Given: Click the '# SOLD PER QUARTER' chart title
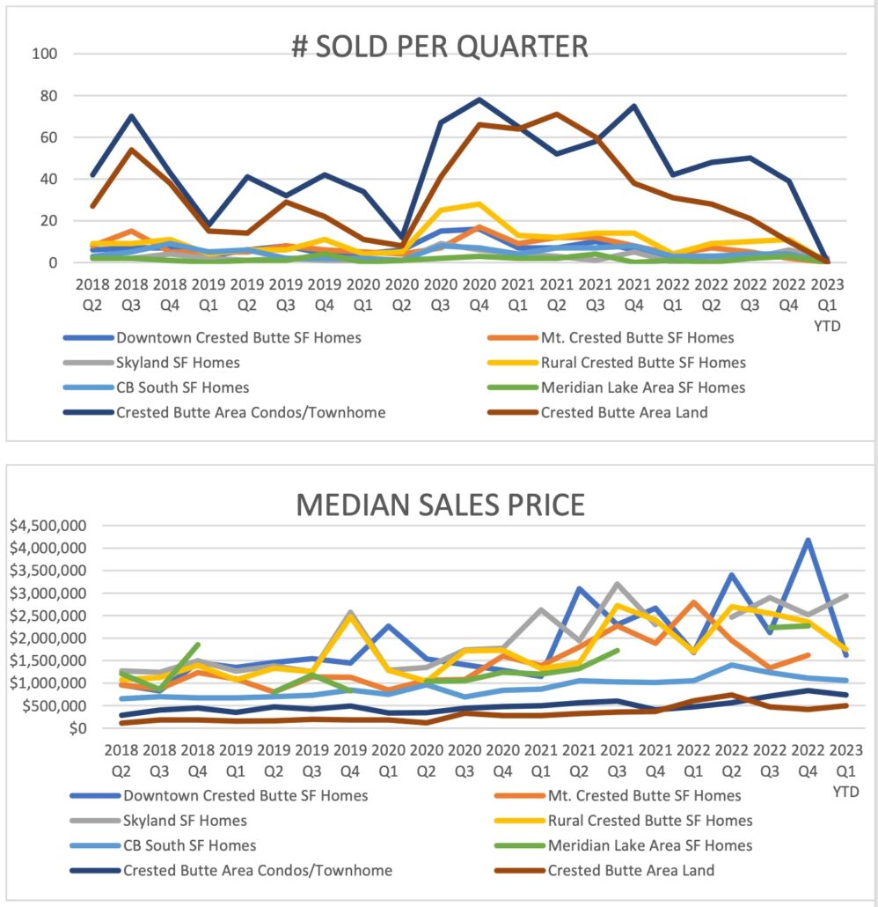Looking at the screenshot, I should coord(440,46).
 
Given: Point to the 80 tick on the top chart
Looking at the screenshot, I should coord(45,95).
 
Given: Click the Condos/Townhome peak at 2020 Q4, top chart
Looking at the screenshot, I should coord(479,100).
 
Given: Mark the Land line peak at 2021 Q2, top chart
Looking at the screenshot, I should coord(556,114).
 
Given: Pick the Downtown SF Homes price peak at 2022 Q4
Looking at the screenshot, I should coord(808,541).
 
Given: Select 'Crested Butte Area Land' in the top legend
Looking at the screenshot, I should coord(624,411).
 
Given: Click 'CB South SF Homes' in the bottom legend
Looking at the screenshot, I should coord(190,845).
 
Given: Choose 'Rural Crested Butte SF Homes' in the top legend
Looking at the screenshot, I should coord(643,362).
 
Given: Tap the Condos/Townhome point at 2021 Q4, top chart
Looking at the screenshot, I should coord(633,106).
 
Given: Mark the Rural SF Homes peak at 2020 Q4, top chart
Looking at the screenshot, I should coord(479,204).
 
